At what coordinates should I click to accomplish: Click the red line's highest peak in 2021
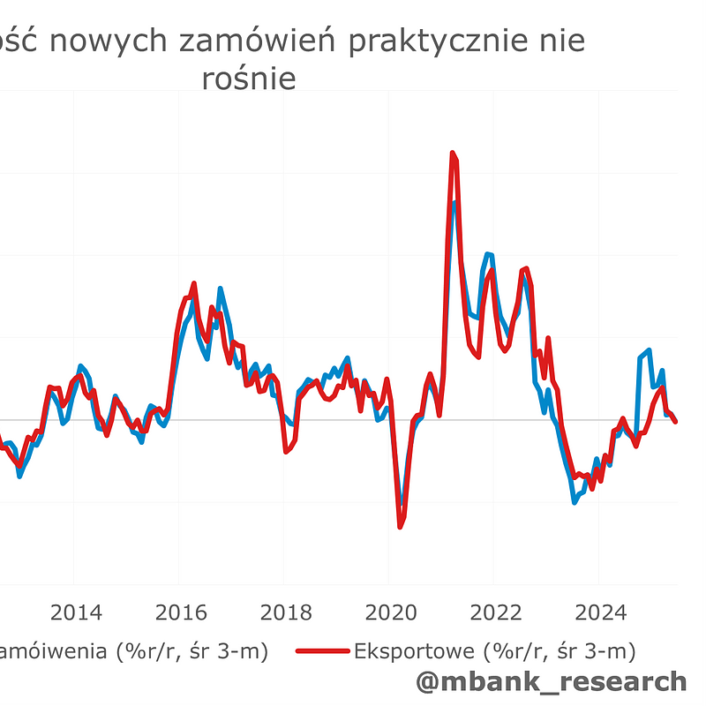(453, 154)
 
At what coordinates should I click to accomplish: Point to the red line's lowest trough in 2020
(400, 527)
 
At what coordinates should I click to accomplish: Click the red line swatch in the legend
(321, 652)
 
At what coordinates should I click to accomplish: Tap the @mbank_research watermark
(550, 681)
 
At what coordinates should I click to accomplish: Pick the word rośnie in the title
(248, 79)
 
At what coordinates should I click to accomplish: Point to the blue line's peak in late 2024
(650, 350)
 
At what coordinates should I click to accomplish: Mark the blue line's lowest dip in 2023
(575, 501)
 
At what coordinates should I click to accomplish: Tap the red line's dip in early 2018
(286, 451)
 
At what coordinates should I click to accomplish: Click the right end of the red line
(676, 422)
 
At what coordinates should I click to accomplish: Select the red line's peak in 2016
(194, 284)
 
